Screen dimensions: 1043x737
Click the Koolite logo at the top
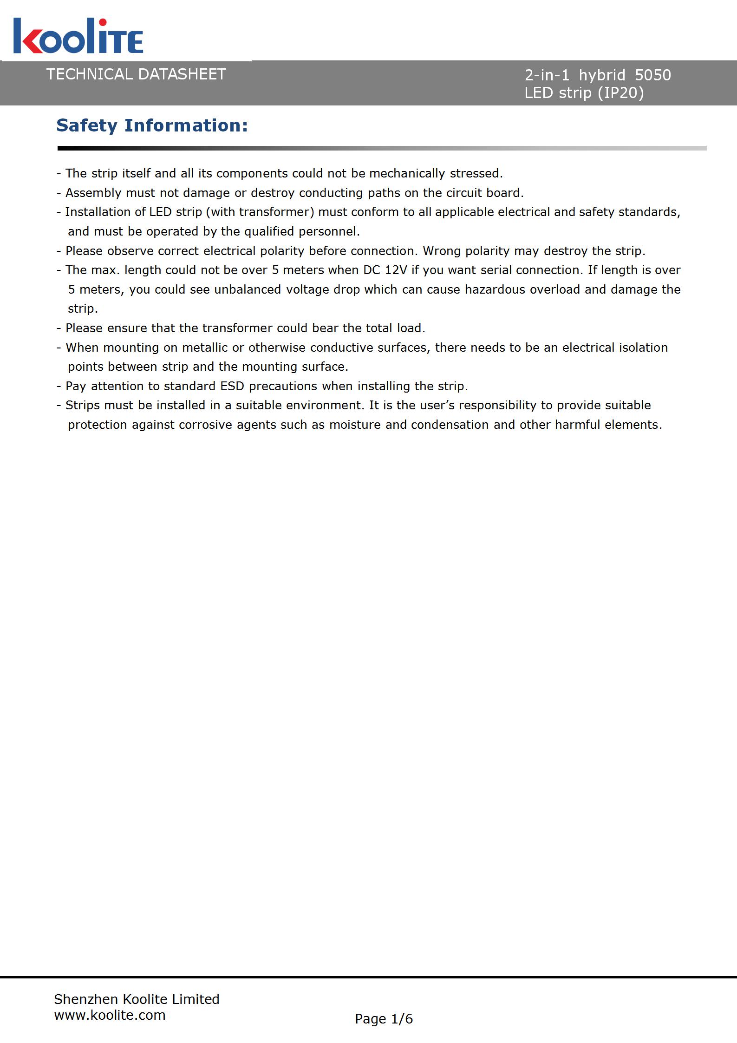pyautogui.click(x=78, y=36)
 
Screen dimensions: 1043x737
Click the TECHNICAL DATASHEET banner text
pyautogui.click(x=136, y=74)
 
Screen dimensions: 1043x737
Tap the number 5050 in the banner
pyautogui.click(x=652, y=75)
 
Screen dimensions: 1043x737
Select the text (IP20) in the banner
pyautogui.click(x=621, y=93)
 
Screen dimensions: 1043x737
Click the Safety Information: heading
pyautogui.click(x=152, y=126)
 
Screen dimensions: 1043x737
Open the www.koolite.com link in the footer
pyautogui.click(x=110, y=1015)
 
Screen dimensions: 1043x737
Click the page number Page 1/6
pyautogui.click(x=384, y=1019)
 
